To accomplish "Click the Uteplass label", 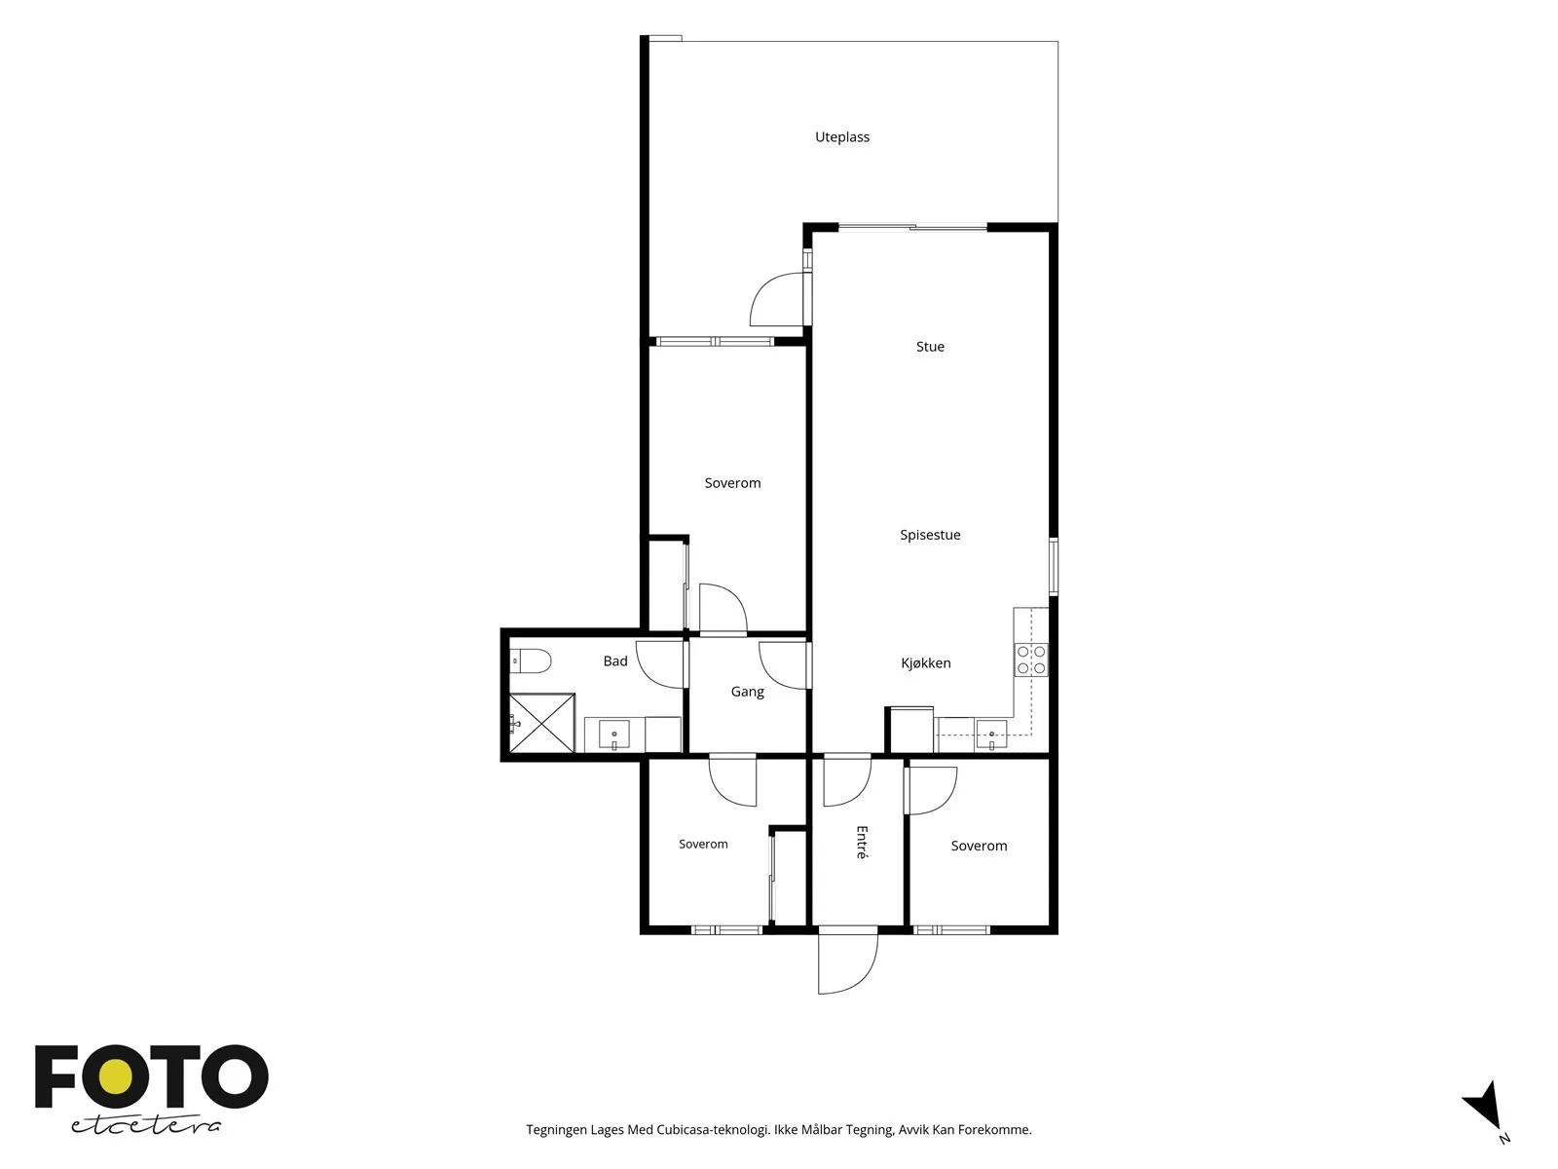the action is point(842,137).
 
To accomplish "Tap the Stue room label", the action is point(930,347).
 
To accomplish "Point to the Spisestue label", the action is point(930,535).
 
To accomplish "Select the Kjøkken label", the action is point(926,663).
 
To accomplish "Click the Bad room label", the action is point(614,660).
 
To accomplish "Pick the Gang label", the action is point(748,692).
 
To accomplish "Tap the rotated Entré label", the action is point(862,843).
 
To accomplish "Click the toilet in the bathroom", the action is point(531,661).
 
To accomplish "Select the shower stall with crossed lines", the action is point(541,723).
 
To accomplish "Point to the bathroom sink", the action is point(614,735).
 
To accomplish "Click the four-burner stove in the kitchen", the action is point(1030,660).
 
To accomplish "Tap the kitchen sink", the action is point(991,735).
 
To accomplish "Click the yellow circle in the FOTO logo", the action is point(115,1077).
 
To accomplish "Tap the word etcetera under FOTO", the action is point(145,1125).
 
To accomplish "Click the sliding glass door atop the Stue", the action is point(912,228).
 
